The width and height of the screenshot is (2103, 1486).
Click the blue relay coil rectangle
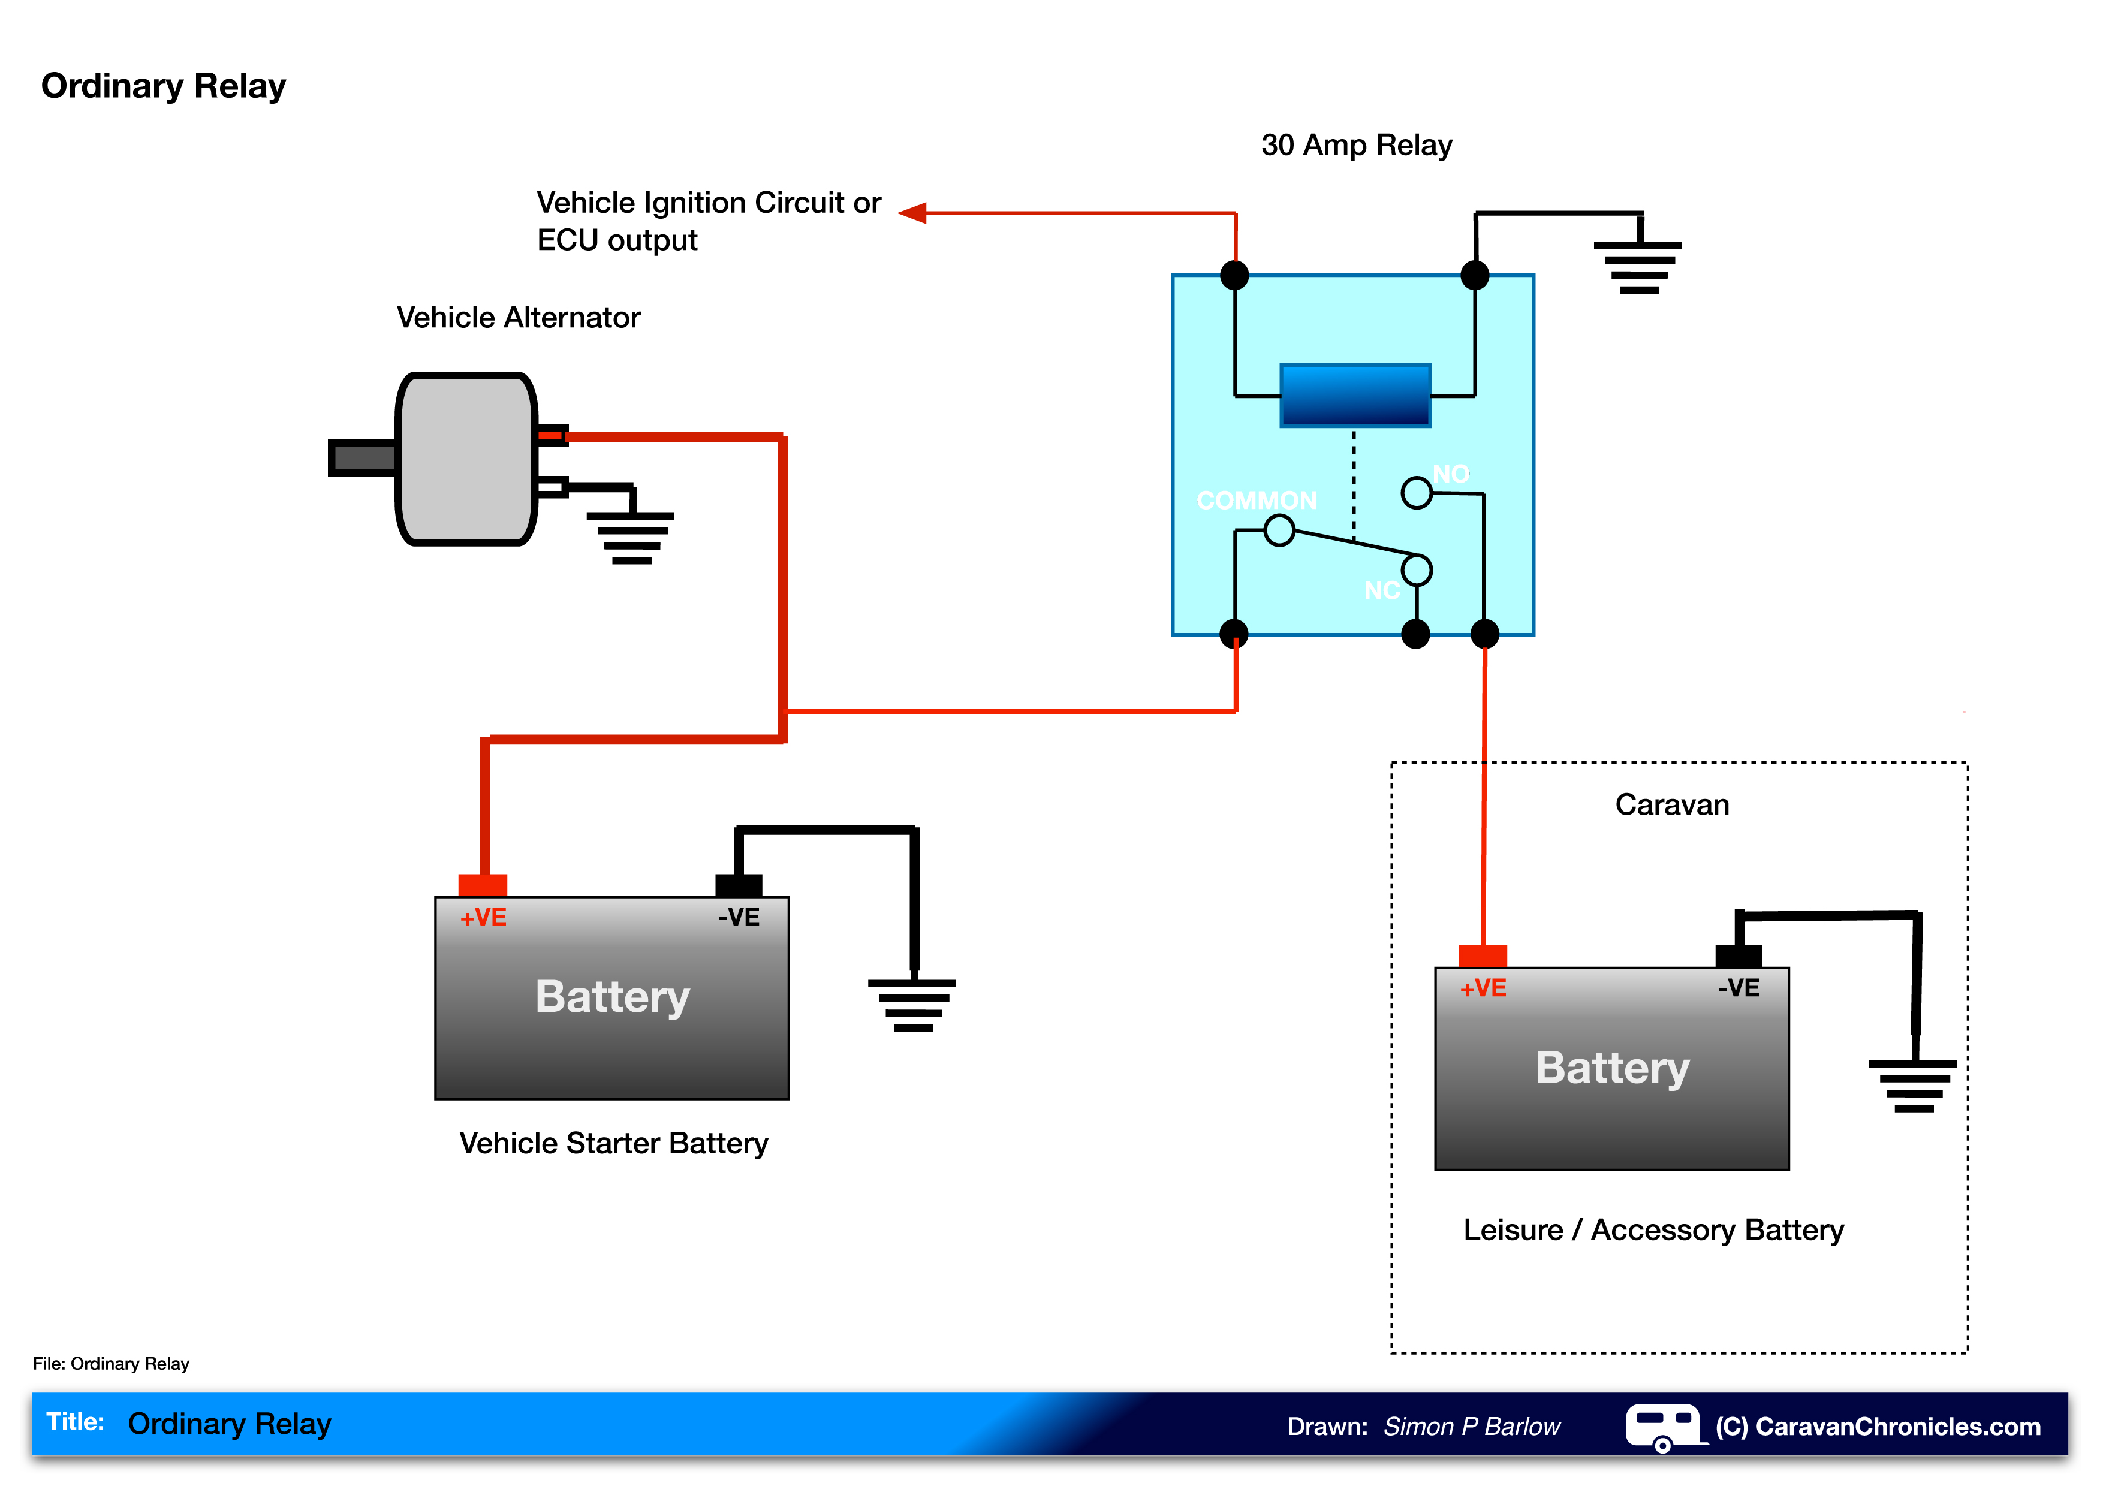click(1355, 396)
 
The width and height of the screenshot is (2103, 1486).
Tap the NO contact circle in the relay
click(1416, 493)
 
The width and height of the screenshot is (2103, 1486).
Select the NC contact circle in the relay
click(1416, 569)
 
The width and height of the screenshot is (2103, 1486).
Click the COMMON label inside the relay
click(1256, 500)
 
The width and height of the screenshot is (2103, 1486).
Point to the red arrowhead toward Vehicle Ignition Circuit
click(912, 213)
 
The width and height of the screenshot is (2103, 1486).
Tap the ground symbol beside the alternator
click(631, 536)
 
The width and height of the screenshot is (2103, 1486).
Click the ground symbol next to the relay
click(1638, 266)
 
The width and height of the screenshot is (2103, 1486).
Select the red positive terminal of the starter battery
click(483, 884)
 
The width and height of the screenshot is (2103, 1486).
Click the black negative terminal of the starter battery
click(738, 884)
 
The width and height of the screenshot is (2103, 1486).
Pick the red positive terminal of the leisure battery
click(1482, 956)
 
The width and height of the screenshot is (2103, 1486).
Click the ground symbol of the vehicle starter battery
click(912, 1005)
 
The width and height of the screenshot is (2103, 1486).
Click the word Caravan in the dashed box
click(1671, 805)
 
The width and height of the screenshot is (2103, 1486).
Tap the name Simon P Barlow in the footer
click(1471, 1427)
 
